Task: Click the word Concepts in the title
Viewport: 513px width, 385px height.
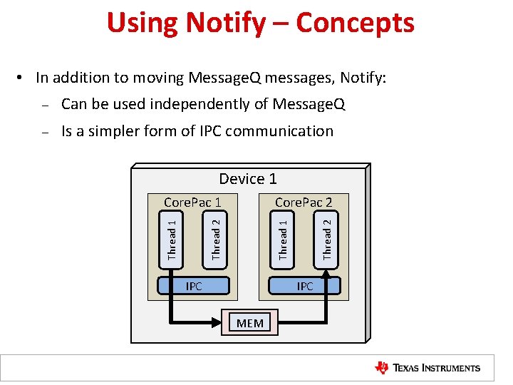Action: pos(355,24)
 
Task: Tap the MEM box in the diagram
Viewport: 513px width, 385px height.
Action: pos(250,323)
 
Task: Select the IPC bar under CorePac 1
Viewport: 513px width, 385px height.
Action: pos(194,286)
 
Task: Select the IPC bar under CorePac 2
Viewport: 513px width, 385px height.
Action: pos(304,286)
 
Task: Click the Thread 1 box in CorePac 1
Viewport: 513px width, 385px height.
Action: pos(171,240)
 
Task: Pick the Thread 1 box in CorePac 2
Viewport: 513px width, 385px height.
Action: pos(283,240)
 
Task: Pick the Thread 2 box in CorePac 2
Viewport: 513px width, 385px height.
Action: pos(327,240)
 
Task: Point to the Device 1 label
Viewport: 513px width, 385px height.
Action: pos(248,179)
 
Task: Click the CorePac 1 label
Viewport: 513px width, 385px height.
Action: pos(192,202)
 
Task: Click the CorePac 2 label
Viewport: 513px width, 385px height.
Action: pos(304,202)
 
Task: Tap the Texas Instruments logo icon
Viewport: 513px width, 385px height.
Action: pos(382,368)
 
